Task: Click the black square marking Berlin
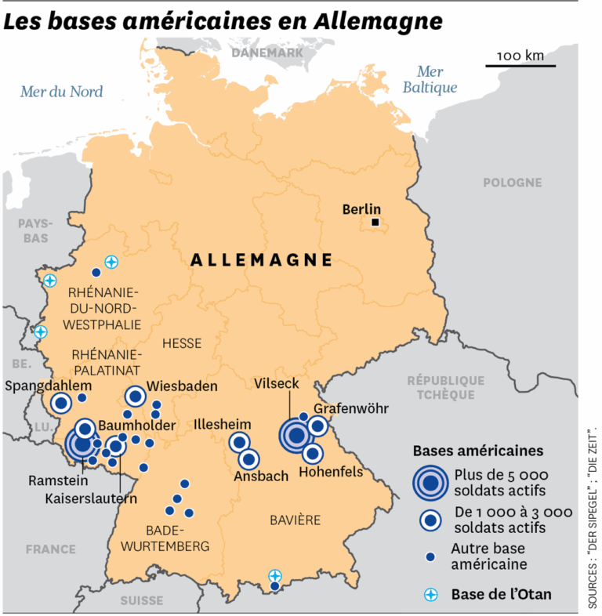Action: (375, 223)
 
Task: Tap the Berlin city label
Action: (361, 209)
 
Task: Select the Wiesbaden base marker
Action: (135, 397)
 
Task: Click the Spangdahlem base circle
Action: (60, 404)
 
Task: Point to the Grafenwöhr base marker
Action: (317, 426)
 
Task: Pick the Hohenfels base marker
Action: (312, 453)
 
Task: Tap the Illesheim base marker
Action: (239, 443)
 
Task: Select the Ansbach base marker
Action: (249, 459)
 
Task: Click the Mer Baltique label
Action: (430, 79)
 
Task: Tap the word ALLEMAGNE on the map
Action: (261, 260)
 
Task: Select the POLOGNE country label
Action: (512, 183)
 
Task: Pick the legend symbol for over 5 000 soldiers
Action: (430, 483)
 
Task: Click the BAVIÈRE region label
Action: (295, 520)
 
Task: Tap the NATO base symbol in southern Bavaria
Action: (274, 574)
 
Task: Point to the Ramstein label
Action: (46, 480)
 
